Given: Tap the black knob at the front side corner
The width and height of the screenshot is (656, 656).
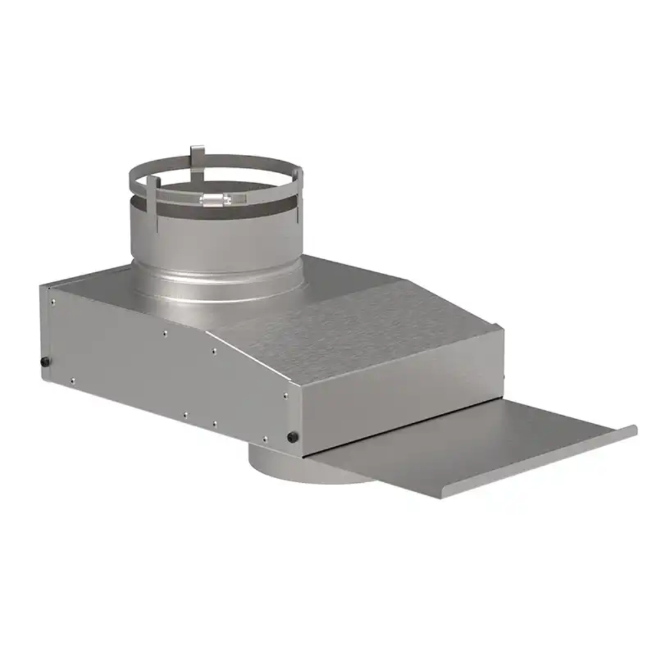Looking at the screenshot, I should point(293,436).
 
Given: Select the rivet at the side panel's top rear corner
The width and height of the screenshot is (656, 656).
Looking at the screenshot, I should point(52,302).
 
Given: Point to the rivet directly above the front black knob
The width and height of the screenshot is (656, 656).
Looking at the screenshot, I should point(285,395).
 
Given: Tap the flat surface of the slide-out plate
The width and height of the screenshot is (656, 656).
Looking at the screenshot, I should point(459,446).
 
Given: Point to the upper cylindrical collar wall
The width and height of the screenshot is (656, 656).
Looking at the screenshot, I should point(216,239).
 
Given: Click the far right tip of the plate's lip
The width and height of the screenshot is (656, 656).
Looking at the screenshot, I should point(634,429).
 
